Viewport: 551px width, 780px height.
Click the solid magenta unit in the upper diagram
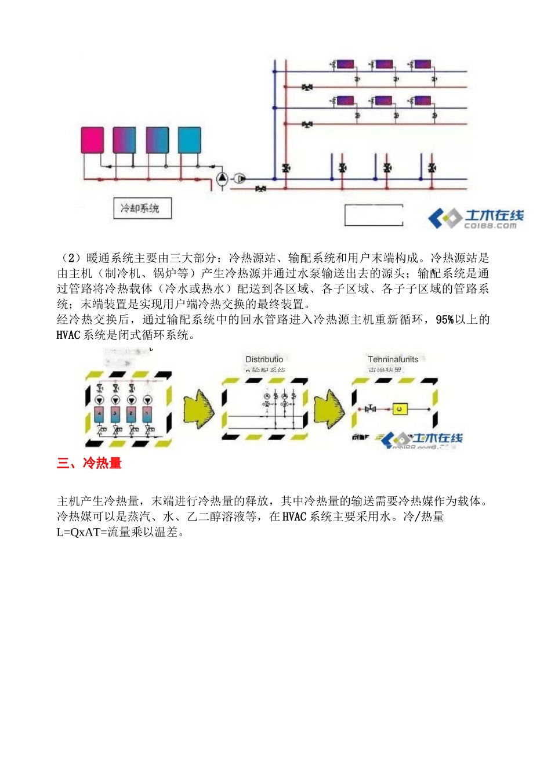[x=92, y=140]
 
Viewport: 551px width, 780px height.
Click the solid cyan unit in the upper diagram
[x=189, y=140]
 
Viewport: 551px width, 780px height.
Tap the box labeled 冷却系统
[x=142, y=208]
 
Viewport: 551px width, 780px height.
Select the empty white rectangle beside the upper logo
[x=374, y=215]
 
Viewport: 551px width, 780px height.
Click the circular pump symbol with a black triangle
[x=222, y=178]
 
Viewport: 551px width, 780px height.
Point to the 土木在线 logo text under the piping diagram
[x=493, y=216]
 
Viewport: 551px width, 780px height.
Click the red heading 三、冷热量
[x=89, y=463]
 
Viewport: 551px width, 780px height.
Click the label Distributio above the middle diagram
[x=264, y=359]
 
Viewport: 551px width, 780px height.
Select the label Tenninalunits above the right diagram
[x=393, y=359]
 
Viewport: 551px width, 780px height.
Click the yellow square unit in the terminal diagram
[x=400, y=409]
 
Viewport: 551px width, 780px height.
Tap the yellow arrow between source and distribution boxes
[x=198, y=409]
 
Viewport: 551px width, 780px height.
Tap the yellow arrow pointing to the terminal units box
[x=329, y=409]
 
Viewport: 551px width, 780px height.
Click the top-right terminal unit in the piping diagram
[x=422, y=64]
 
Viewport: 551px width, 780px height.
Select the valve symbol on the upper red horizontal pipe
[x=307, y=88]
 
